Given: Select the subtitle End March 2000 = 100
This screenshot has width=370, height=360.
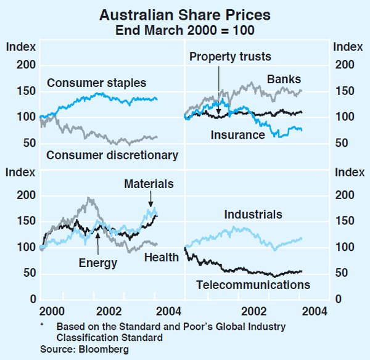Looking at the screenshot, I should click(x=185, y=28).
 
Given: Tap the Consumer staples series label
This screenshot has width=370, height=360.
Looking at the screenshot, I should click(x=96, y=83).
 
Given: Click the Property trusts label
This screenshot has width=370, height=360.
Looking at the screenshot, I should click(x=230, y=57).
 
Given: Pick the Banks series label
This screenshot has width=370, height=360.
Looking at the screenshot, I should click(x=284, y=79).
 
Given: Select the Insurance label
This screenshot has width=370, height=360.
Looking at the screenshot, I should click(x=237, y=134).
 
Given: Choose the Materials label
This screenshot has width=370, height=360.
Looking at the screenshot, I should click(x=149, y=184).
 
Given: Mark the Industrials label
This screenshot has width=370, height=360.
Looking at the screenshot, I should click(x=253, y=215).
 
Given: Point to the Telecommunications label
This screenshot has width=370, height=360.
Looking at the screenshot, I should click(x=253, y=285).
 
